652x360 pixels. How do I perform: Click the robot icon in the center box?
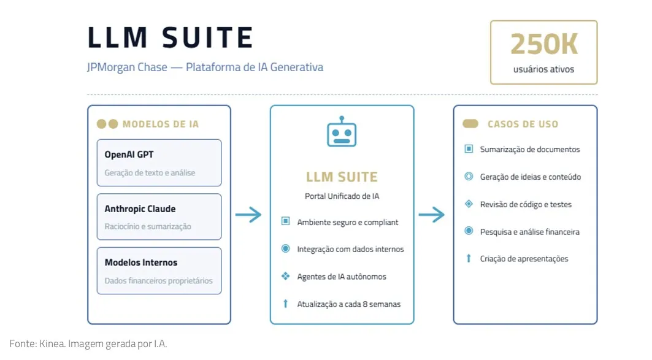click(342, 132)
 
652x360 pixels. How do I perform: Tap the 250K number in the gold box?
click(543, 44)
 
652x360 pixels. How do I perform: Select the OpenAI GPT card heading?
click(129, 155)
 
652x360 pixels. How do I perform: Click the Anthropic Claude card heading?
click(140, 209)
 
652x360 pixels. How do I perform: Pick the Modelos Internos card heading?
click(140, 262)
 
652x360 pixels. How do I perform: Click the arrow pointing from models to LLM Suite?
click(248, 215)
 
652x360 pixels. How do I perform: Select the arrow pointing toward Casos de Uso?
click(431, 215)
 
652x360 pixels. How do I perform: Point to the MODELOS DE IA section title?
click(160, 124)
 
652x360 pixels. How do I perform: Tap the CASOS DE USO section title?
click(523, 124)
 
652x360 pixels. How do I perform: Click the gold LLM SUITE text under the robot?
click(342, 177)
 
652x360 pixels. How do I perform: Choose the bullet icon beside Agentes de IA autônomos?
click(285, 277)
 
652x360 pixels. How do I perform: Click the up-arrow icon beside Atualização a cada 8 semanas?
click(285, 304)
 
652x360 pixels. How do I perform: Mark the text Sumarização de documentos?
click(530, 149)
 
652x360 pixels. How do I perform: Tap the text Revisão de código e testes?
click(526, 204)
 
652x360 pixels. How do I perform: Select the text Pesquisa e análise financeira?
click(529, 232)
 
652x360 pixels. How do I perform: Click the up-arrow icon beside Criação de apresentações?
click(469, 259)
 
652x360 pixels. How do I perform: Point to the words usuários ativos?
click(543, 69)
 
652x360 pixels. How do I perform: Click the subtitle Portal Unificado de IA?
click(342, 196)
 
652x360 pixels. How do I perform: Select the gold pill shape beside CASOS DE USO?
click(470, 124)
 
